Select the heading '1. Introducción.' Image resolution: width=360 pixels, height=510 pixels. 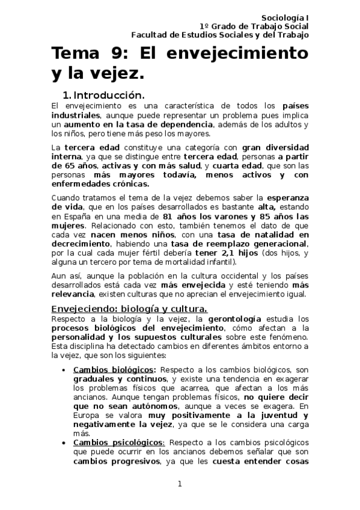[103, 95]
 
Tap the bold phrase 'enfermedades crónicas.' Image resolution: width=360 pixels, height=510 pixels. [100, 183]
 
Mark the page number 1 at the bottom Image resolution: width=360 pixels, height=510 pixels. [180, 484]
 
